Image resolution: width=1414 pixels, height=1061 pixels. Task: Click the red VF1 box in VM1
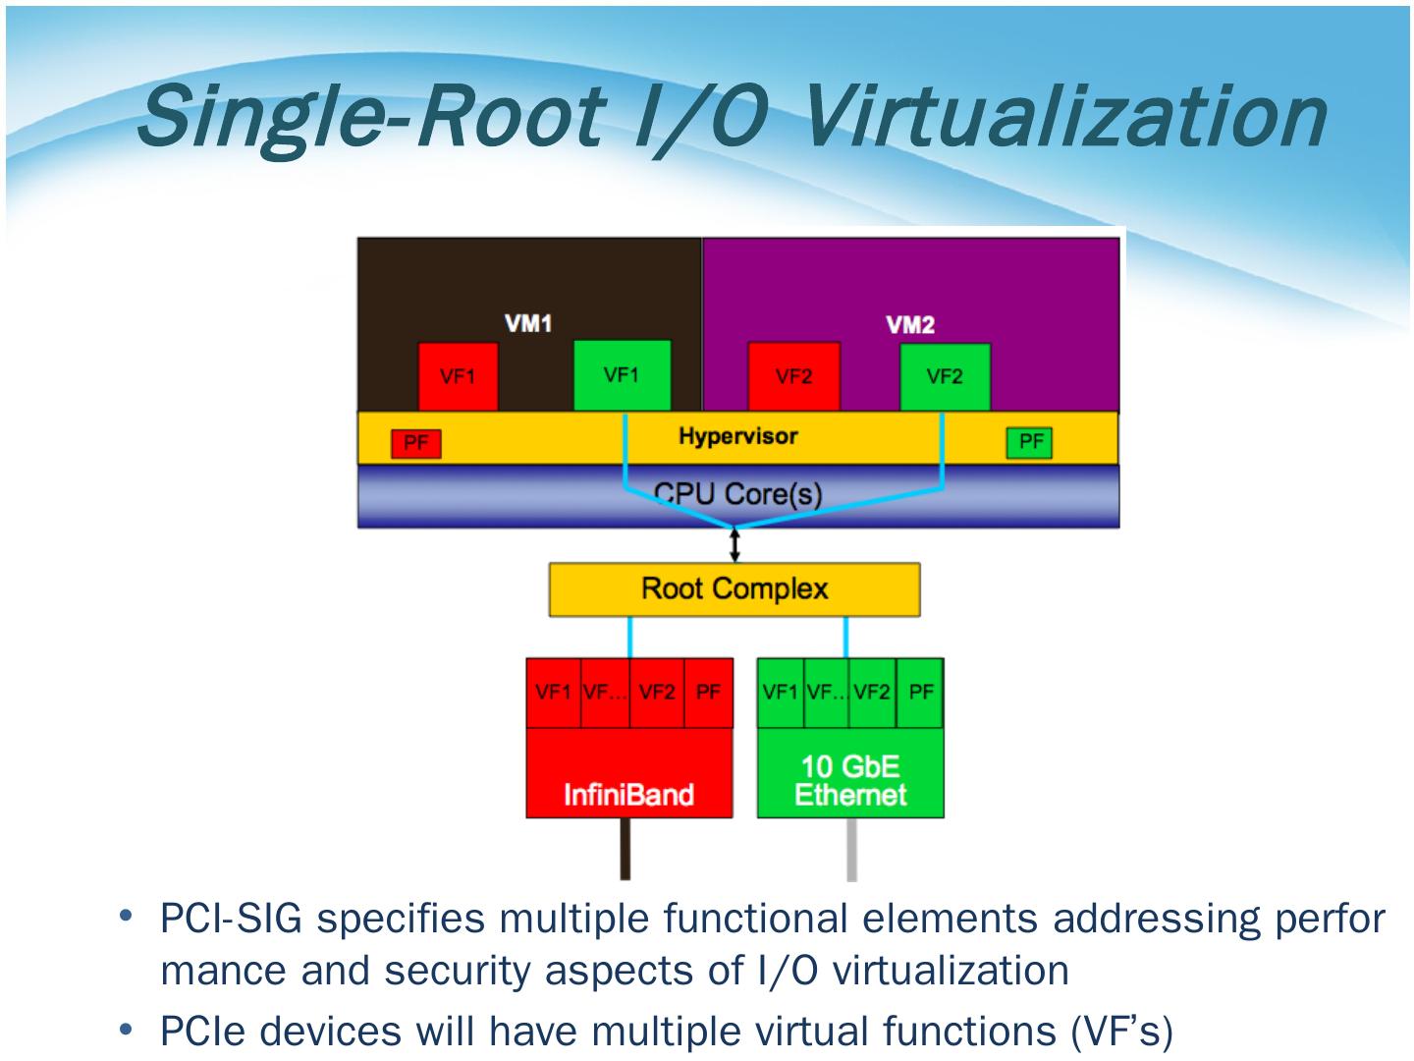click(x=458, y=376)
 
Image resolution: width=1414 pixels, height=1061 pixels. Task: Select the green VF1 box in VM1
click(x=622, y=375)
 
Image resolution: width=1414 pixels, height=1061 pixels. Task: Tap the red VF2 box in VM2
click(x=793, y=376)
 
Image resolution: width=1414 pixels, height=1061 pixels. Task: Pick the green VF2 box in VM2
click(x=945, y=376)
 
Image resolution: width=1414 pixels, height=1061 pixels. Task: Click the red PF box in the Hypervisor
click(x=416, y=443)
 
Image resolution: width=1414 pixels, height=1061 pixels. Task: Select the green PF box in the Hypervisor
click(x=1030, y=442)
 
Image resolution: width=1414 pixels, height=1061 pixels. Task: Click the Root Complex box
click(x=734, y=589)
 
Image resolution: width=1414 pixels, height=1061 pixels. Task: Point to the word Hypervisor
click(x=737, y=436)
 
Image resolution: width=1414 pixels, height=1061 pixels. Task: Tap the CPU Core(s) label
click(x=737, y=493)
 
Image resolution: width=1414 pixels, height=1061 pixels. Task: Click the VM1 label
click(x=528, y=323)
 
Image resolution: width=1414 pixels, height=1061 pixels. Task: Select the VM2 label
click(x=910, y=325)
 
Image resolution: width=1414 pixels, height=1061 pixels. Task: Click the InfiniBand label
click(x=628, y=794)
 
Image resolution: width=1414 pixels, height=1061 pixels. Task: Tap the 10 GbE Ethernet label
click(x=850, y=781)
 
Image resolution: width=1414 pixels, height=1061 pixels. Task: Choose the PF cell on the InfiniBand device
click(x=708, y=692)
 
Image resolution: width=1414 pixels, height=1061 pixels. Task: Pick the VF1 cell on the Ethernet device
click(x=780, y=692)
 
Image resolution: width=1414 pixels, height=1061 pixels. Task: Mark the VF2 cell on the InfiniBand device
click(x=657, y=692)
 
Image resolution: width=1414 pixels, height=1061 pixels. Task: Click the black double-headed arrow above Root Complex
click(x=735, y=543)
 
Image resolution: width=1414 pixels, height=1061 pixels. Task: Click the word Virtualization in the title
click(x=1065, y=116)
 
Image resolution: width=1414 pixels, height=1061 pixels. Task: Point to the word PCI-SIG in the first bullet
click(x=233, y=920)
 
